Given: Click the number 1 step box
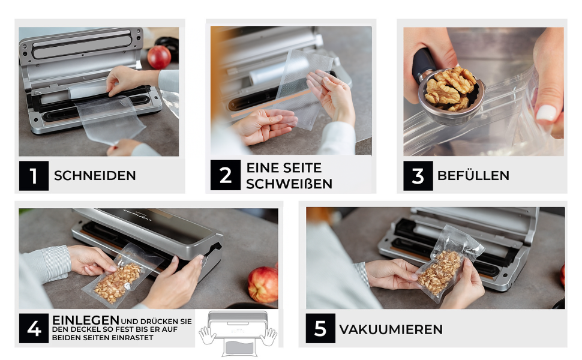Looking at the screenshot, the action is coord(34,176).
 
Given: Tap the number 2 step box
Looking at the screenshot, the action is coord(226,175).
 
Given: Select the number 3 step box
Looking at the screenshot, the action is coord(418,176).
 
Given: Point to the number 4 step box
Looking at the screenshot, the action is coord(34,328).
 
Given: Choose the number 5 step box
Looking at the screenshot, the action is coord(320,328).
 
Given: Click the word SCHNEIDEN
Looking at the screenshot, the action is coord(95,176).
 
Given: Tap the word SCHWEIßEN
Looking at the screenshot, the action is coord(289,184).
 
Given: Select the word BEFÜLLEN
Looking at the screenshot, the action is coord(473,175).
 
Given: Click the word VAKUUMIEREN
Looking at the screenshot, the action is coord(391,329).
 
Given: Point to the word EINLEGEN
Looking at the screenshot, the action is coord(86,320).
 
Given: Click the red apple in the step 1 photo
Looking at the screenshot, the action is coord(159,57).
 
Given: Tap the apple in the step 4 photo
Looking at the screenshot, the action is coord(263,284).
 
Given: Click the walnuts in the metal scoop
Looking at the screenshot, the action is coord(450,88).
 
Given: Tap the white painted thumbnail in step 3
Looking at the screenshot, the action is coord(546,112).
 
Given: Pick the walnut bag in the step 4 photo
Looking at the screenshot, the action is coord(121,277).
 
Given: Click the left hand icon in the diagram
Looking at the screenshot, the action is coord(207,335).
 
